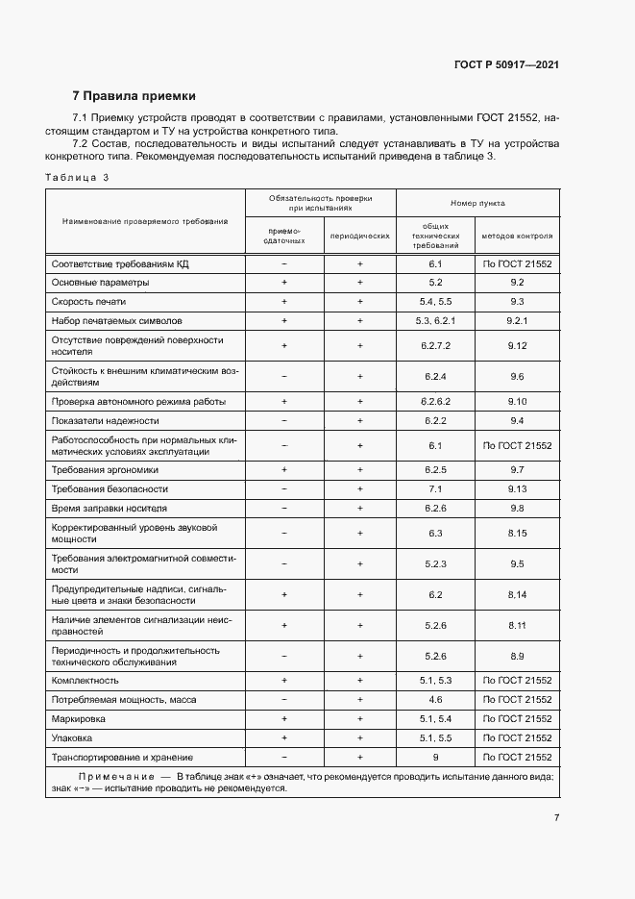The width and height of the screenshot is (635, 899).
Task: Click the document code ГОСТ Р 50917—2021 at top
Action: click(x=506, y=65)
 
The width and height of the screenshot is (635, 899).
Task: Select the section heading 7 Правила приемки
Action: click(x=134, y=96)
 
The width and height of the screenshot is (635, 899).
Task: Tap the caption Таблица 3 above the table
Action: click(x=78, y=177)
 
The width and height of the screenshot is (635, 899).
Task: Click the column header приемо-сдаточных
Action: click(x=284, y=236)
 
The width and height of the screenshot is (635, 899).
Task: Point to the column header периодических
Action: click(x=359, y=236)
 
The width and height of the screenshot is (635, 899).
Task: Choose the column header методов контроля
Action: click(x=517, y=236)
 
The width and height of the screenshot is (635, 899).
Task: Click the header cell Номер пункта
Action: click(x=477, y=204)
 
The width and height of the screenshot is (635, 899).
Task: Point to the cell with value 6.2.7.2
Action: click(x=435, y=345)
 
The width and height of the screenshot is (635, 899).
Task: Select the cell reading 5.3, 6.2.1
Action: click(x=435, y=320)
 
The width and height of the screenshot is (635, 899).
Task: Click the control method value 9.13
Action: click(x=517, y=488)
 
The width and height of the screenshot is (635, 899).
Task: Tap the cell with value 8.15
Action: click(x=517, y=532)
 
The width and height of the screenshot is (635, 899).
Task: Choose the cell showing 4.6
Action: click(x=435, y=699)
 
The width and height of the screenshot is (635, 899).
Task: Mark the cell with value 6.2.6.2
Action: click(x=435, y=401)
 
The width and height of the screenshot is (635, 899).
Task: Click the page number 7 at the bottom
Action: click(x=556, y=818)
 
